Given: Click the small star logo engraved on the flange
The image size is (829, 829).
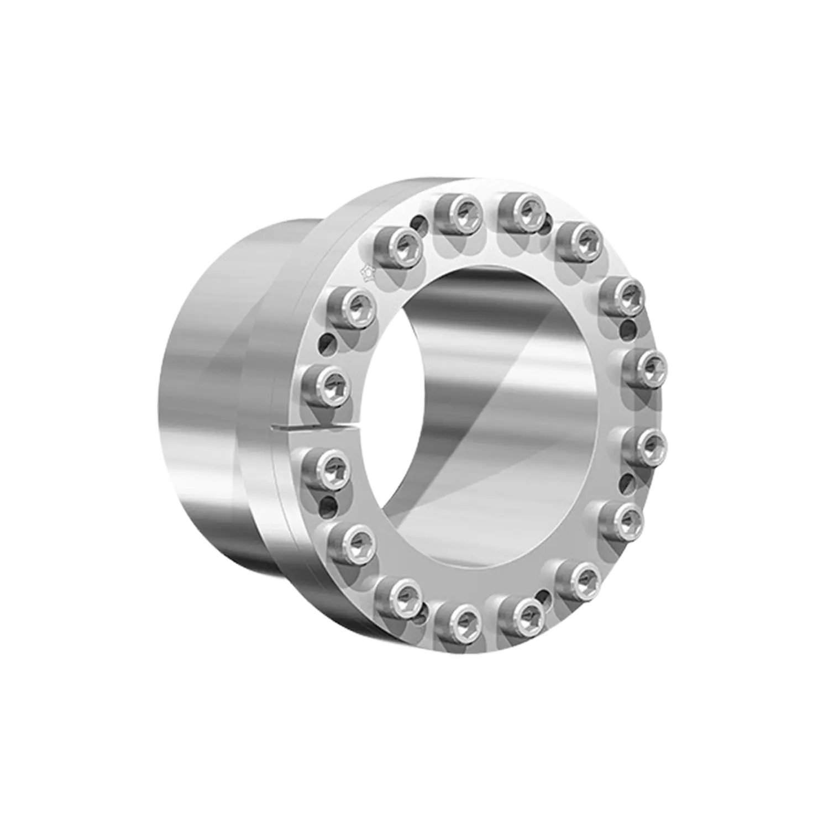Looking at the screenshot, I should [x=365, y=271].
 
